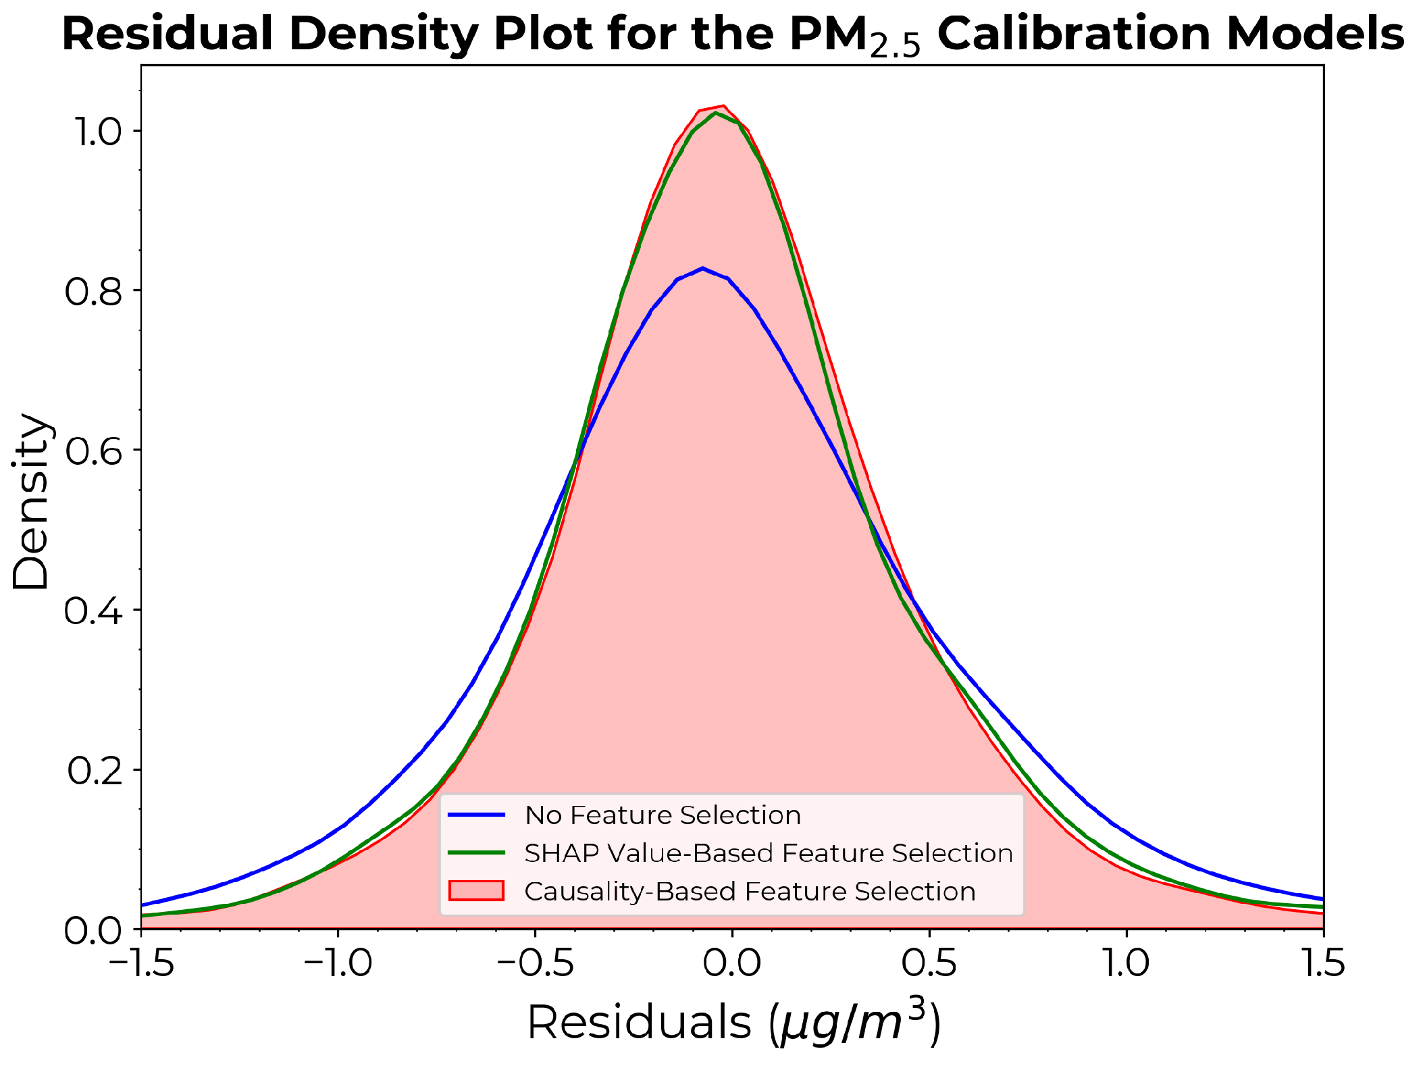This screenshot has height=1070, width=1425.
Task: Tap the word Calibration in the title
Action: click(1075, 34)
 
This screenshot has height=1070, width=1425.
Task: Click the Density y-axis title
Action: click(30, 501)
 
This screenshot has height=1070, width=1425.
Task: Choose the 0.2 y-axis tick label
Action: click(95, 770)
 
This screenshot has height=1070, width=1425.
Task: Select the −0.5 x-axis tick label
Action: click(535, 963)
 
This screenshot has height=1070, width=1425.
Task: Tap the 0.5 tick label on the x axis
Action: click(929, 963)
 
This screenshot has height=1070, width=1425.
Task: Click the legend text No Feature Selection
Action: click(663, 815)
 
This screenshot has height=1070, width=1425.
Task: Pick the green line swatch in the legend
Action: click(476, 853)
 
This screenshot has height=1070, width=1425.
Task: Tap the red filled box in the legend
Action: click(476, 891)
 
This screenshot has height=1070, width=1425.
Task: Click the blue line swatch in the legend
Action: click(476, 815)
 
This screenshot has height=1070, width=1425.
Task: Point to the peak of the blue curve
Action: click(703, 268)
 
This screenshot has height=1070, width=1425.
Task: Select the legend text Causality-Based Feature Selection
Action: click(750, 892)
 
